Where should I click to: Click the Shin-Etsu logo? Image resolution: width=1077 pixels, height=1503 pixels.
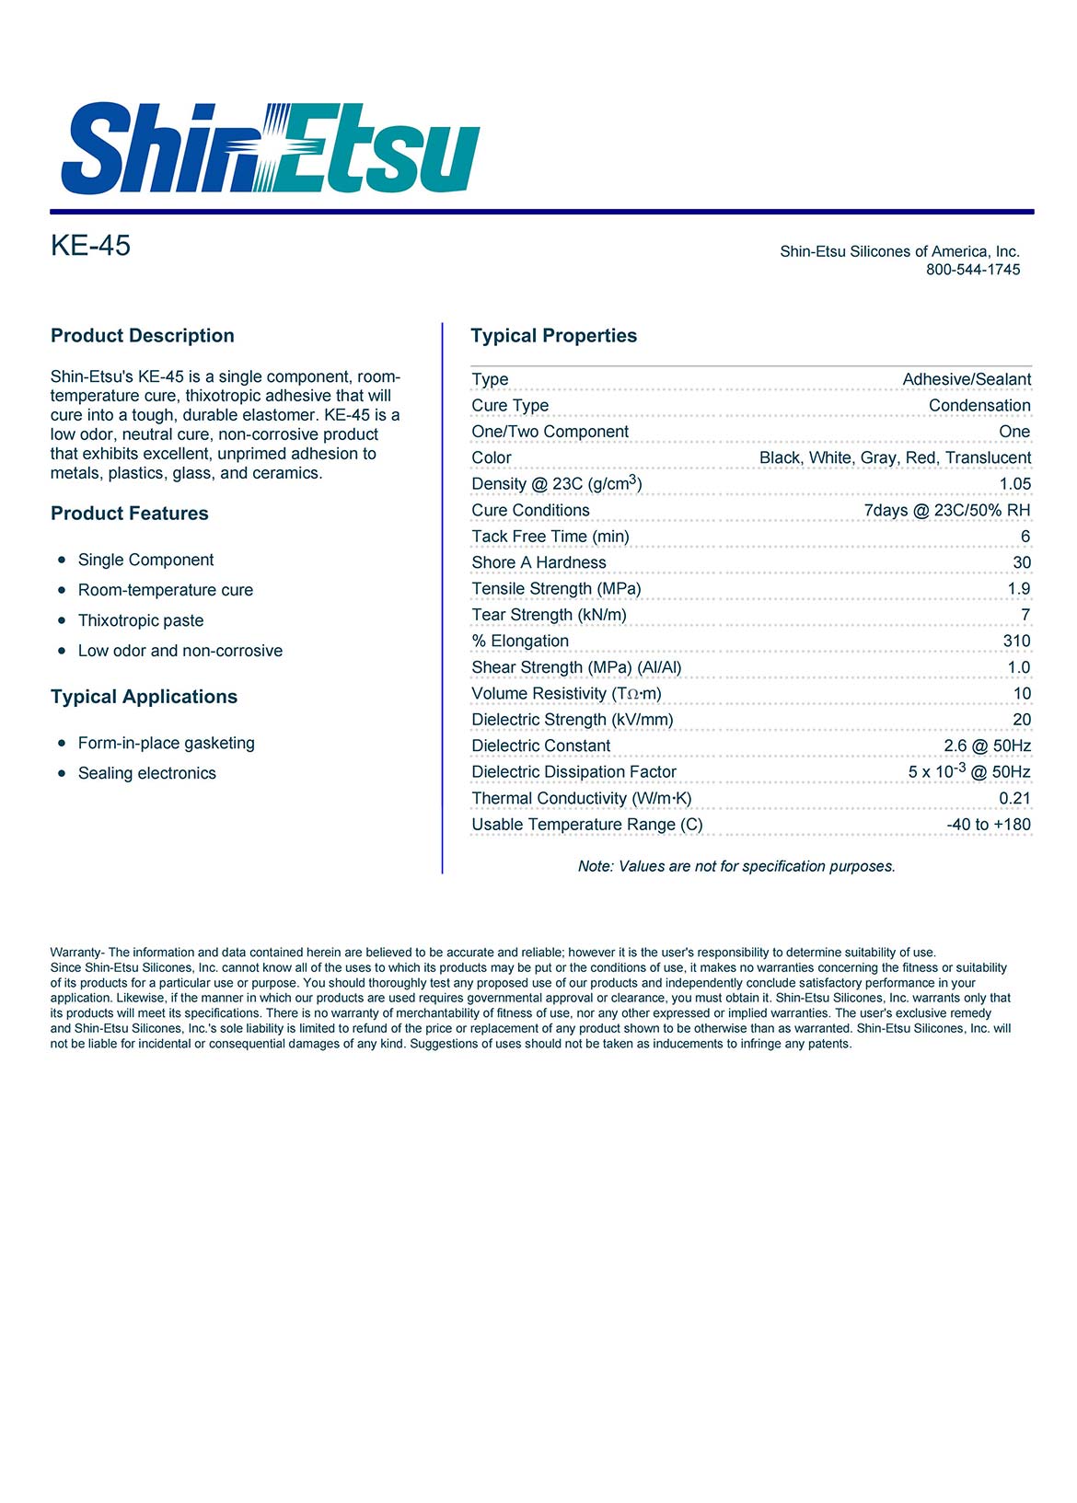pyautogui.click(x=270, y=149)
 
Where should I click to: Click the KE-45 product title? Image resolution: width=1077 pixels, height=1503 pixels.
pyautogui.click(x=90, y=246)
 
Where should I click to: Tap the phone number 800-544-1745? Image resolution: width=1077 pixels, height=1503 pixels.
pyautogui.click(x=972, y=270)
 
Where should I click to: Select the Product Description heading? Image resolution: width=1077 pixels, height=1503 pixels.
pyautogui.click(x=143, y=336)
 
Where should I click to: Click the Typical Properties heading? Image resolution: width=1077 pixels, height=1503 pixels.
pyautogui.click(x=553, y=336)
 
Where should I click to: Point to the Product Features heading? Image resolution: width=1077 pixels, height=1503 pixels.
pyautogui.click(x=130, y=514)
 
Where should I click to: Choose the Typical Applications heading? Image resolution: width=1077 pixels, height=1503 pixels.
pyautogui.click(x=144, y=697)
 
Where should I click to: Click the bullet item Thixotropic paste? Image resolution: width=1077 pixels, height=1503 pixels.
pyautogui.click(x=141, y=620)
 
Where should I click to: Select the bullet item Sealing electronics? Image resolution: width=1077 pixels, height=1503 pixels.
pyautogui.click(x=147, y=773)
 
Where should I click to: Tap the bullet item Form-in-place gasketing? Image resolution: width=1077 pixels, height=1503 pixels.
pyautogui.click(x=167, y=743)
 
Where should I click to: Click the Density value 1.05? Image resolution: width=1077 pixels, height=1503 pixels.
pyautogui.click(x=1014, y=484)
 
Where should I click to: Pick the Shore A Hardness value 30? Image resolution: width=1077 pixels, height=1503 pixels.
pyautogui.click(x=1021, y=562)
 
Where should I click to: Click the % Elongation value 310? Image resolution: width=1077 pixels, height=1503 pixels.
pyautogui.click(x=1016, y=642)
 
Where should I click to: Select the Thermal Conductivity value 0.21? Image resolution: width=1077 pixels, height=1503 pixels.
pyautogui.click(x=1014, y=799)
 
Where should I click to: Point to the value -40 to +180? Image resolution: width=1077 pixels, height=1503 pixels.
pyautogui.click(x=989, y=825)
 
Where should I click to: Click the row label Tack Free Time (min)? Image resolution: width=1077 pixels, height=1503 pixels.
pyautogui.click(x=550, y=537)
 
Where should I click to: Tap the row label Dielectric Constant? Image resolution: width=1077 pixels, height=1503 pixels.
pyautogui.click(x=540, y=746)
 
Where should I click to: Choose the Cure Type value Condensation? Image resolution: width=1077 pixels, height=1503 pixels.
pyautogui.click(x=979, y=406)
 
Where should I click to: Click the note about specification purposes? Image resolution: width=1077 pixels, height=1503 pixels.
pyautogui.click(x=736, y=866)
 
